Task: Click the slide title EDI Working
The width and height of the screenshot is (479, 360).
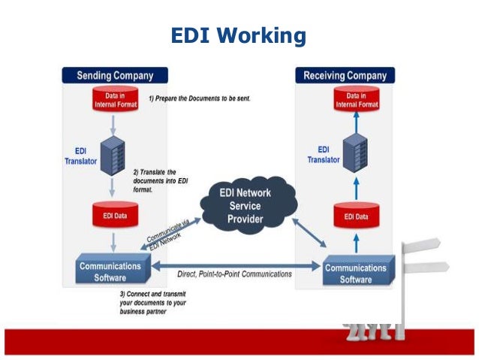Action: tap(239, 36)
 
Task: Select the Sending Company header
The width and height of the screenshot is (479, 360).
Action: tap(115, 75)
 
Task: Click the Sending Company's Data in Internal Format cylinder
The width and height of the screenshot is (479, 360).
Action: tap(115, 100)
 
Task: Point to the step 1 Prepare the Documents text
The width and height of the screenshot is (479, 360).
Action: tap(199, 99)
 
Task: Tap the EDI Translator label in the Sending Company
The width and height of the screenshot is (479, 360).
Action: tap(75, 156)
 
